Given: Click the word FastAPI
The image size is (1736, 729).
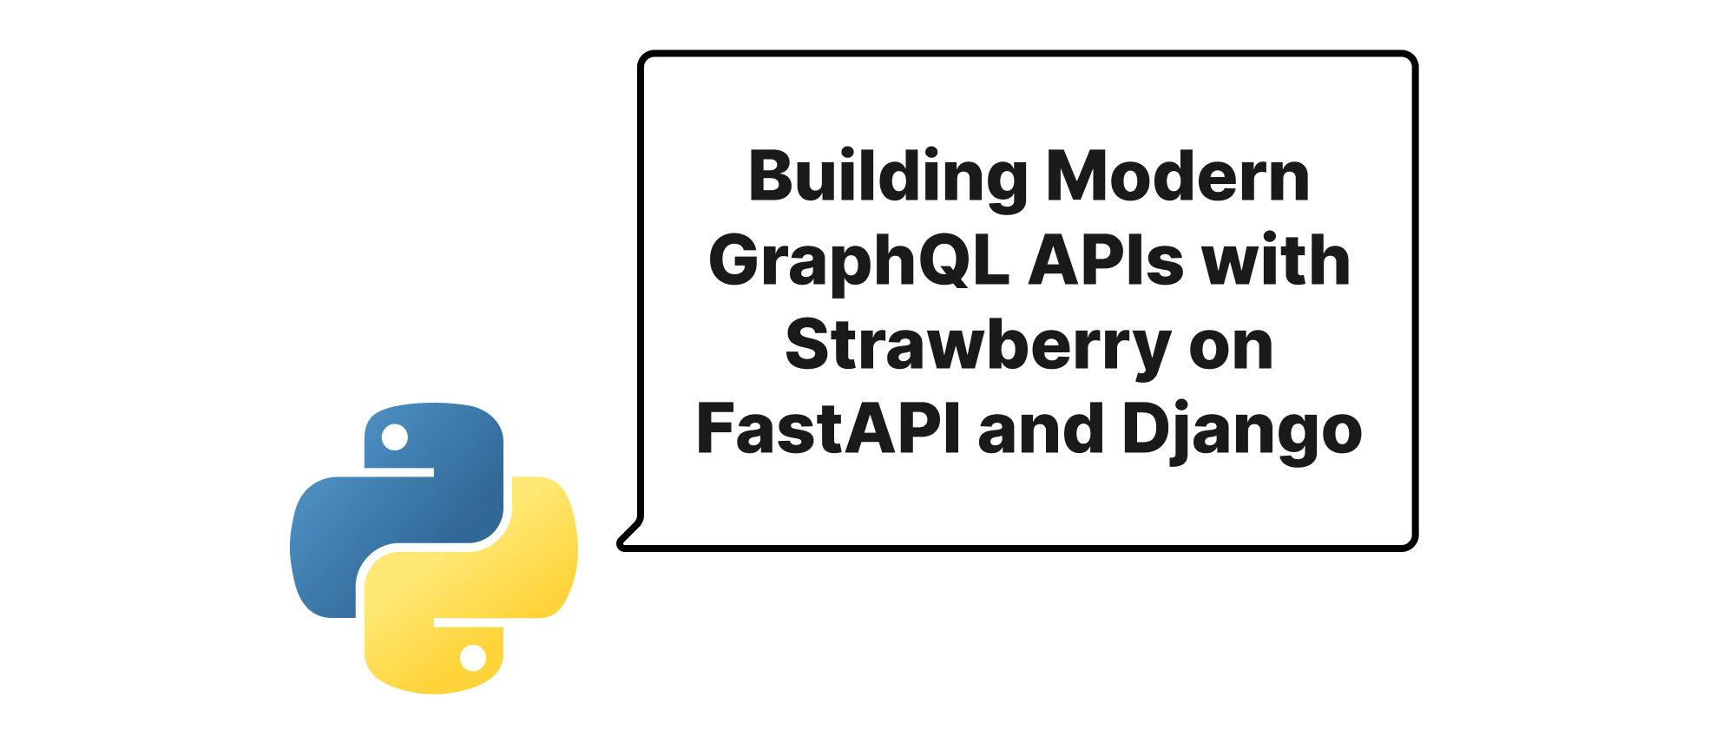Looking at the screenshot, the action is (x=828, y=429).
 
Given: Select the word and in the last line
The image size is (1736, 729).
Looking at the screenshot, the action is (x=1041, y=429).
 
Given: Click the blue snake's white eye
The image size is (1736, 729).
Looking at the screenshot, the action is (x=395, y=437).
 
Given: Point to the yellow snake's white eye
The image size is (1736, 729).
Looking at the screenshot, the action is (x=473, y=658).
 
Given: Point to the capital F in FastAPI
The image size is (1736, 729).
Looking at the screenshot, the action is (x=718, y=429).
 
